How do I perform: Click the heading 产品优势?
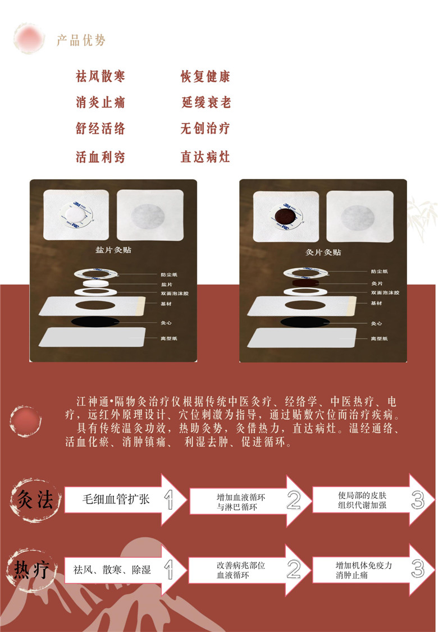(x=81, y=40)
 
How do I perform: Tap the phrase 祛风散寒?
(x=101, y=76)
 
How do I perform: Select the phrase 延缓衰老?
(x=206, y=103)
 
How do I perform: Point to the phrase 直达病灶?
(x=206, y=157)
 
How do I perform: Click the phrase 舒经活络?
(x=101, y=129)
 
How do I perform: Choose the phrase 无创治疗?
(x=206, y=129)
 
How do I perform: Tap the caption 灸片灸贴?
(x=323, y=252)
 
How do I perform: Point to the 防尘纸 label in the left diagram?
(x=168, y=274)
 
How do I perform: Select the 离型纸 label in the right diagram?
(x=380, y=339)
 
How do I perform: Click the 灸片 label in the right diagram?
(x=377, y=284)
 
